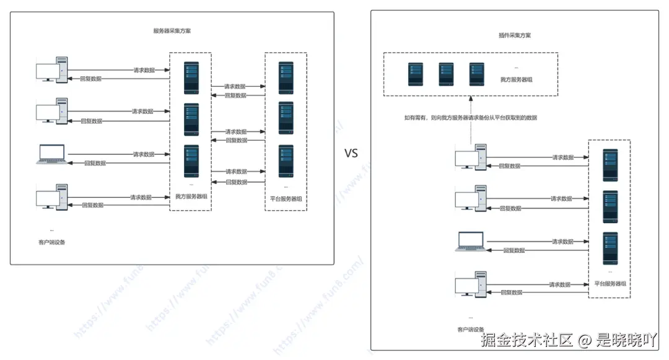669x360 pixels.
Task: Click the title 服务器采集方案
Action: click(x=172, y=31)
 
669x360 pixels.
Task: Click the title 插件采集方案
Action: click(x=514, y=35)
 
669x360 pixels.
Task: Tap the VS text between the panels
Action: click(x=351, y=154)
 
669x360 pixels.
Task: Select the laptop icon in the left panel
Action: click(x=52, y=154)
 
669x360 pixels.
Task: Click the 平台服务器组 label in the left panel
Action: click(x=286, y=199)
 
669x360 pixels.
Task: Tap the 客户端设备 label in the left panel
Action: click(x=52, y=242)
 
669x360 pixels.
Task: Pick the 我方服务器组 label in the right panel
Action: click(x=517, y=80)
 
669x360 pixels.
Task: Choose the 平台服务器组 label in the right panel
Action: click(x=610, y=283)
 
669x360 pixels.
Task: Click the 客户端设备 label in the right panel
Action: click(x=470, y=329)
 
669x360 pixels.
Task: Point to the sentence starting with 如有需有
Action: click(x=470, y=117)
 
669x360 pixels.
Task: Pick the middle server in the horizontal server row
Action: click(x=446, y=74)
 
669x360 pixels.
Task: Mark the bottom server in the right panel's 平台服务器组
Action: click(x=611, y=247)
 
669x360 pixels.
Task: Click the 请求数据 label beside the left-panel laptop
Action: click(x=144, y=154)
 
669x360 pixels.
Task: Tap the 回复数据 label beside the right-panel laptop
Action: click(x=514, y=250)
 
